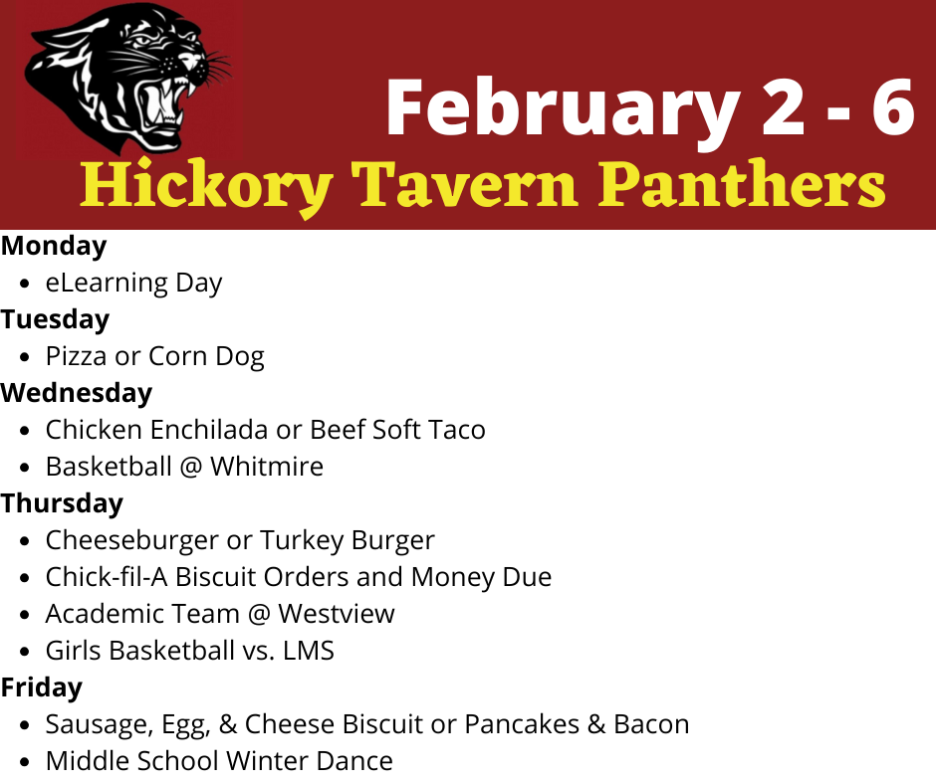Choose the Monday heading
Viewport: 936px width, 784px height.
coord(54,246)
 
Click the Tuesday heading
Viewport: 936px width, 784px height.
coord(55,319)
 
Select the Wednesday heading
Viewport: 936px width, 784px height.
coord(77,393)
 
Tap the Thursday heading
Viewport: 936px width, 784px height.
coord(62,503)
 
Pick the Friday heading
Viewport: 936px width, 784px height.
coord(42,687)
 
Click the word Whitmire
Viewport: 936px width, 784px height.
coord(267,467)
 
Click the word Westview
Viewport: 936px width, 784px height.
coord(336,614)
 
